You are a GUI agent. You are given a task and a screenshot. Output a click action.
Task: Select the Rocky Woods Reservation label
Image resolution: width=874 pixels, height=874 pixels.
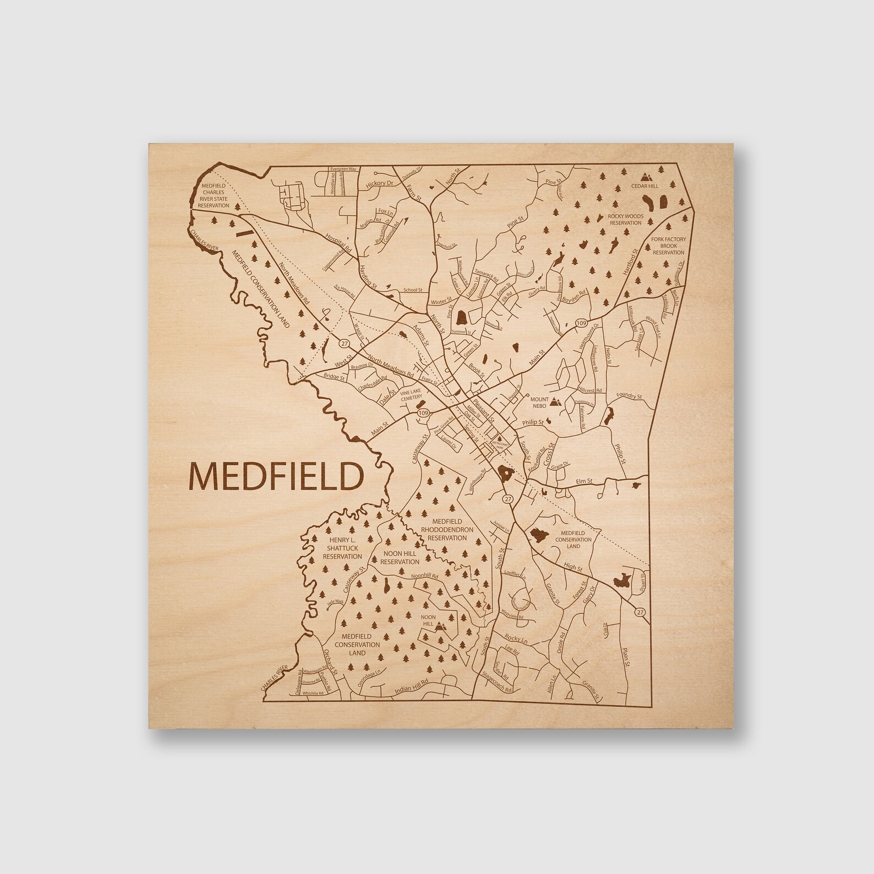625,219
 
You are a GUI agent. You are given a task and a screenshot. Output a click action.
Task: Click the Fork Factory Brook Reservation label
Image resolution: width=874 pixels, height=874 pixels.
668,245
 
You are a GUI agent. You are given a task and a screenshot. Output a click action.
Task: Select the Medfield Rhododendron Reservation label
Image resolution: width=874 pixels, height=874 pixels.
446,529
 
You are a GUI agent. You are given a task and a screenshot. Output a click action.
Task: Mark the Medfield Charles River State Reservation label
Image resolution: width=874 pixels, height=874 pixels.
214,195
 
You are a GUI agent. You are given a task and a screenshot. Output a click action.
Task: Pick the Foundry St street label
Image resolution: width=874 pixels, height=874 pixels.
630,396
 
